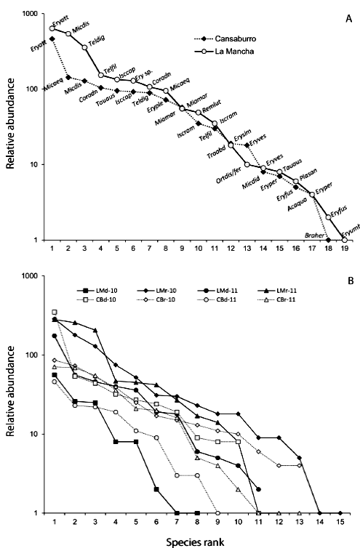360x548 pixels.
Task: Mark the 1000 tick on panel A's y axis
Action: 31,14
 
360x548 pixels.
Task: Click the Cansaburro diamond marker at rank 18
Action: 329,240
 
